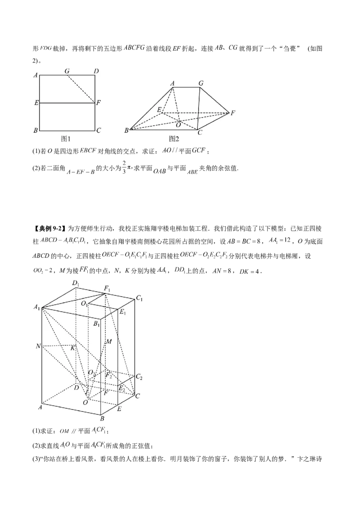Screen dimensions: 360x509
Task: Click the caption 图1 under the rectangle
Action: tap(66, 139)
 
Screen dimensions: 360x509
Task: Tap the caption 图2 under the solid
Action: tap(174, 139)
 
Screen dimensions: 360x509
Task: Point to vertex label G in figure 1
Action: tap(67, 71)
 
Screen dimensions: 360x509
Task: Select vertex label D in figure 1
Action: tap(96, 71)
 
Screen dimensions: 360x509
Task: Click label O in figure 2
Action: tap(178, 125)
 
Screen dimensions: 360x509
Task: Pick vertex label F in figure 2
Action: tap(233, 113)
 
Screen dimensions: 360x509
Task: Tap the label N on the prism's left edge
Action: tap(38, 346)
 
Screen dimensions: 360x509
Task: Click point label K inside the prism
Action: tap(73, 348)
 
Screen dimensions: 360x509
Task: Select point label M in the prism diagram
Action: tap(108, 341)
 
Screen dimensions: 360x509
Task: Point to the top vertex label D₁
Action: tap(76, 283)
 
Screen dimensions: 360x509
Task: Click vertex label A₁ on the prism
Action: tap(37, 307)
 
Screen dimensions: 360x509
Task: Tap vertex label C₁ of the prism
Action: tap(139, 298)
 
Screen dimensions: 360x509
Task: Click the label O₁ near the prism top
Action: tap(84, 304)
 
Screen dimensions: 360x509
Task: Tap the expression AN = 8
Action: tap(221, 271)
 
